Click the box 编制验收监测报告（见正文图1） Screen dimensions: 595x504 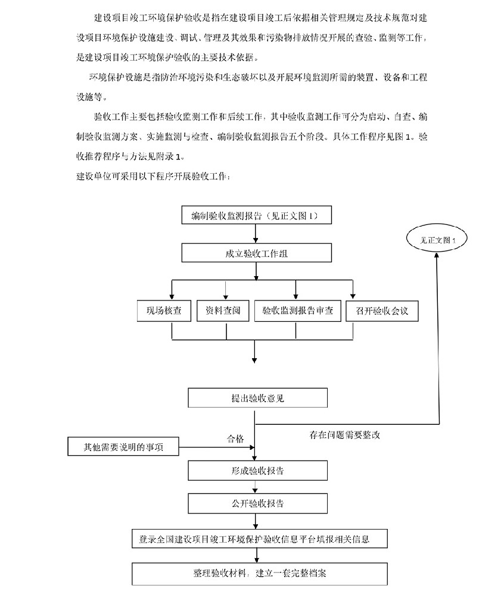click(x=255, y=216)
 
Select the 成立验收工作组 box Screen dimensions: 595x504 click(x=256, y=253)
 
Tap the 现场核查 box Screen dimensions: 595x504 click(x=164, y=311)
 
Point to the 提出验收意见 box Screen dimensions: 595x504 click(x=257, y=398)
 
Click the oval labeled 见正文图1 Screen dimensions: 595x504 click(x=437, y=240)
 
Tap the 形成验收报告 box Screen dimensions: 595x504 click(x=257, y=471)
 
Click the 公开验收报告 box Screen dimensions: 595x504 click(x=257, y=503)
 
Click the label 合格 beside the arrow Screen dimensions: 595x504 click(x=235, y=439)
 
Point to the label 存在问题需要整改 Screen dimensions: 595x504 click(x=344, y=435)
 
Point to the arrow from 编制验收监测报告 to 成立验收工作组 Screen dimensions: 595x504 click(x=256, y=234)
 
